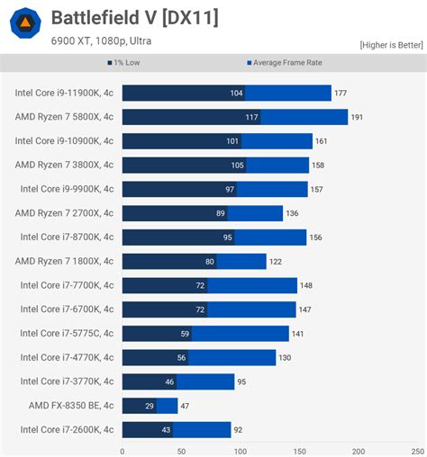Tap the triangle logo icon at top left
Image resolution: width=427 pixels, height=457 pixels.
pyautogui.click(x=26, y=23)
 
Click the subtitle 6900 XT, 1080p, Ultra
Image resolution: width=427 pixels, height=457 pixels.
pyautogui.click(x=102, y=40)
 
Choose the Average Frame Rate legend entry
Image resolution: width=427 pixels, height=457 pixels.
pyautogui.click(x=284, y=63)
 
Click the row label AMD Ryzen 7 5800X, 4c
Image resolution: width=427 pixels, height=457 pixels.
pyautogui.click(x=64, y=117)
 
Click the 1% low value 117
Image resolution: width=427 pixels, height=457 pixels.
pyautogui.click(x=250, y=117)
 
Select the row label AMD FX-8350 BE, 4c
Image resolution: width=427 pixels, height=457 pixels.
pyautogui.click(x=70, y=406)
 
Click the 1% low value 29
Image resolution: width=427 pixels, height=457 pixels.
pyautogui.click(x=149, y=406)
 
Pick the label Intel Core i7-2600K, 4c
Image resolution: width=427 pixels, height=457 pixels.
pyautogui.click(x=67, y=430)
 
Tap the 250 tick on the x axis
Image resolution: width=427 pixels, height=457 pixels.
pyautogui.click(x=416, y=451)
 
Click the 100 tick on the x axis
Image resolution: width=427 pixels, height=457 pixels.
pyautogui.click(x=240, y=451)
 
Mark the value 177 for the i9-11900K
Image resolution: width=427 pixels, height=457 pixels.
pyautogui.click(x=341, y=93)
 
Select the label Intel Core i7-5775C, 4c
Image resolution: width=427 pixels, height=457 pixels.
pyautogui.click(x=67, y=334)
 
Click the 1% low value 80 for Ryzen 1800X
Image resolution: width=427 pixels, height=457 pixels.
pyautogui.click(x=209, y=262)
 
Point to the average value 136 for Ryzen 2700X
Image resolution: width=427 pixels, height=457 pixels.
pyautogui.click(x=293, y=213)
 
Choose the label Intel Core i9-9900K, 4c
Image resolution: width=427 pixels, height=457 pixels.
pyautogui.click(x=67, y=189)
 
